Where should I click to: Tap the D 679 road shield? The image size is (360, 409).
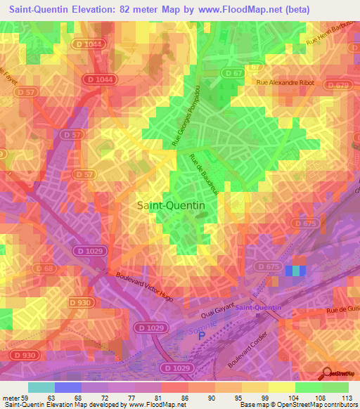point(337,86)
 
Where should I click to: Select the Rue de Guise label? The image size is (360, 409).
point(342,307)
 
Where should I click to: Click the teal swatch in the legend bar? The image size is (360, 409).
point(41,387)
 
